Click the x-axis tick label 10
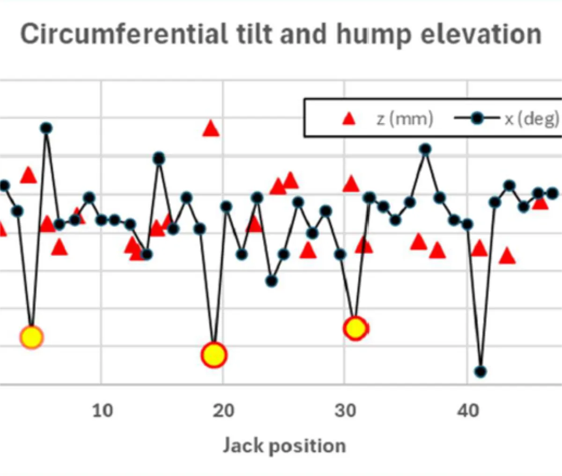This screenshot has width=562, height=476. (x=102, y=411)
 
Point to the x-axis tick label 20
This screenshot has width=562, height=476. (x=223, y=411)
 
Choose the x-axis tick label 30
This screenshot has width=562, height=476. (x=345, y=411)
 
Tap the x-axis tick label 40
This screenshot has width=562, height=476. (x=467, y=411)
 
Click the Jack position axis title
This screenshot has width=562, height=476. (x=284, y=445)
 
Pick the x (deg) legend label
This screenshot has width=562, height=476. (x=532, y=119)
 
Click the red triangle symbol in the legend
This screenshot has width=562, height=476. (x=349, y=119)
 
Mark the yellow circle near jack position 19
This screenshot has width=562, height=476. (x=214, y=355)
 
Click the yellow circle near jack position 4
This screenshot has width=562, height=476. (x=32, y=337)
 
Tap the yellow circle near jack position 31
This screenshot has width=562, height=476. (x=355, y=328)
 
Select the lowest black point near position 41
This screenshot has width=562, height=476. (x=481, y=372)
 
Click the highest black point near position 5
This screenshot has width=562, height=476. (x=46, y=128)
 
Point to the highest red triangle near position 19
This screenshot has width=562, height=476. (x=211, y=128)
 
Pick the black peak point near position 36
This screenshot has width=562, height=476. (x=425, y=150)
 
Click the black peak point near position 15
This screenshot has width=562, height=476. (x=159, y=159)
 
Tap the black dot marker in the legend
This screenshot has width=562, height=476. (x=477, y=119)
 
